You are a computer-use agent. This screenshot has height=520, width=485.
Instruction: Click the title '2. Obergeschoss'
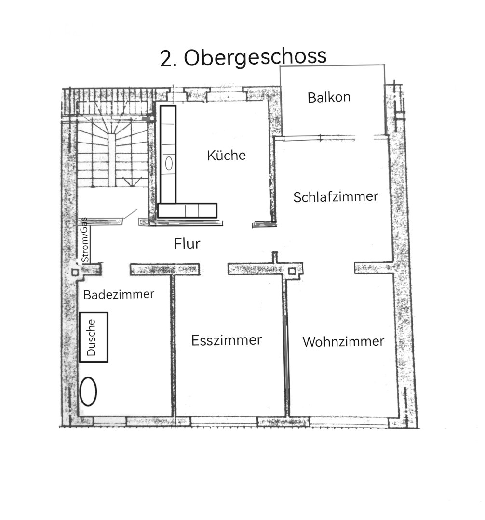243,58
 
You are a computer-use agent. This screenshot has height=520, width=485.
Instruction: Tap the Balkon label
329,98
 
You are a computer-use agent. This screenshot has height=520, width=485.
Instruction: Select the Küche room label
226,156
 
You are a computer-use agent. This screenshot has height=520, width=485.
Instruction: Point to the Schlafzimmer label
336,197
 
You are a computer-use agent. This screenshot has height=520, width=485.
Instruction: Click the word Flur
187,244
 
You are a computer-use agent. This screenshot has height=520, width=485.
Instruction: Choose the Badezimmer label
119,294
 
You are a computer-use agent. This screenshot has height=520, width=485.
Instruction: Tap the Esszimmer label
226,340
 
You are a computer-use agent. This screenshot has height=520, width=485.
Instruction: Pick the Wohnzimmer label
343,341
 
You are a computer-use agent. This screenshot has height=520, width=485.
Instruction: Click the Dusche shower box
94,337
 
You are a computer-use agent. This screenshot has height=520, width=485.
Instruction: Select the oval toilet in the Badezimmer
88,391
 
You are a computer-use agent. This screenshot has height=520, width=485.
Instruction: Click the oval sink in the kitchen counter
169,163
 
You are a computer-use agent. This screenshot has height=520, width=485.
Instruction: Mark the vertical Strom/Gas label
84,239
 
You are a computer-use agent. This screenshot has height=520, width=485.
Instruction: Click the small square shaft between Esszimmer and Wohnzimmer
292,272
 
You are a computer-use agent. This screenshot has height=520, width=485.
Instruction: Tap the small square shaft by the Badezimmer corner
75,272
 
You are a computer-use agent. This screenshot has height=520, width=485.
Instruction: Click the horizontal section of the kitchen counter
188,210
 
